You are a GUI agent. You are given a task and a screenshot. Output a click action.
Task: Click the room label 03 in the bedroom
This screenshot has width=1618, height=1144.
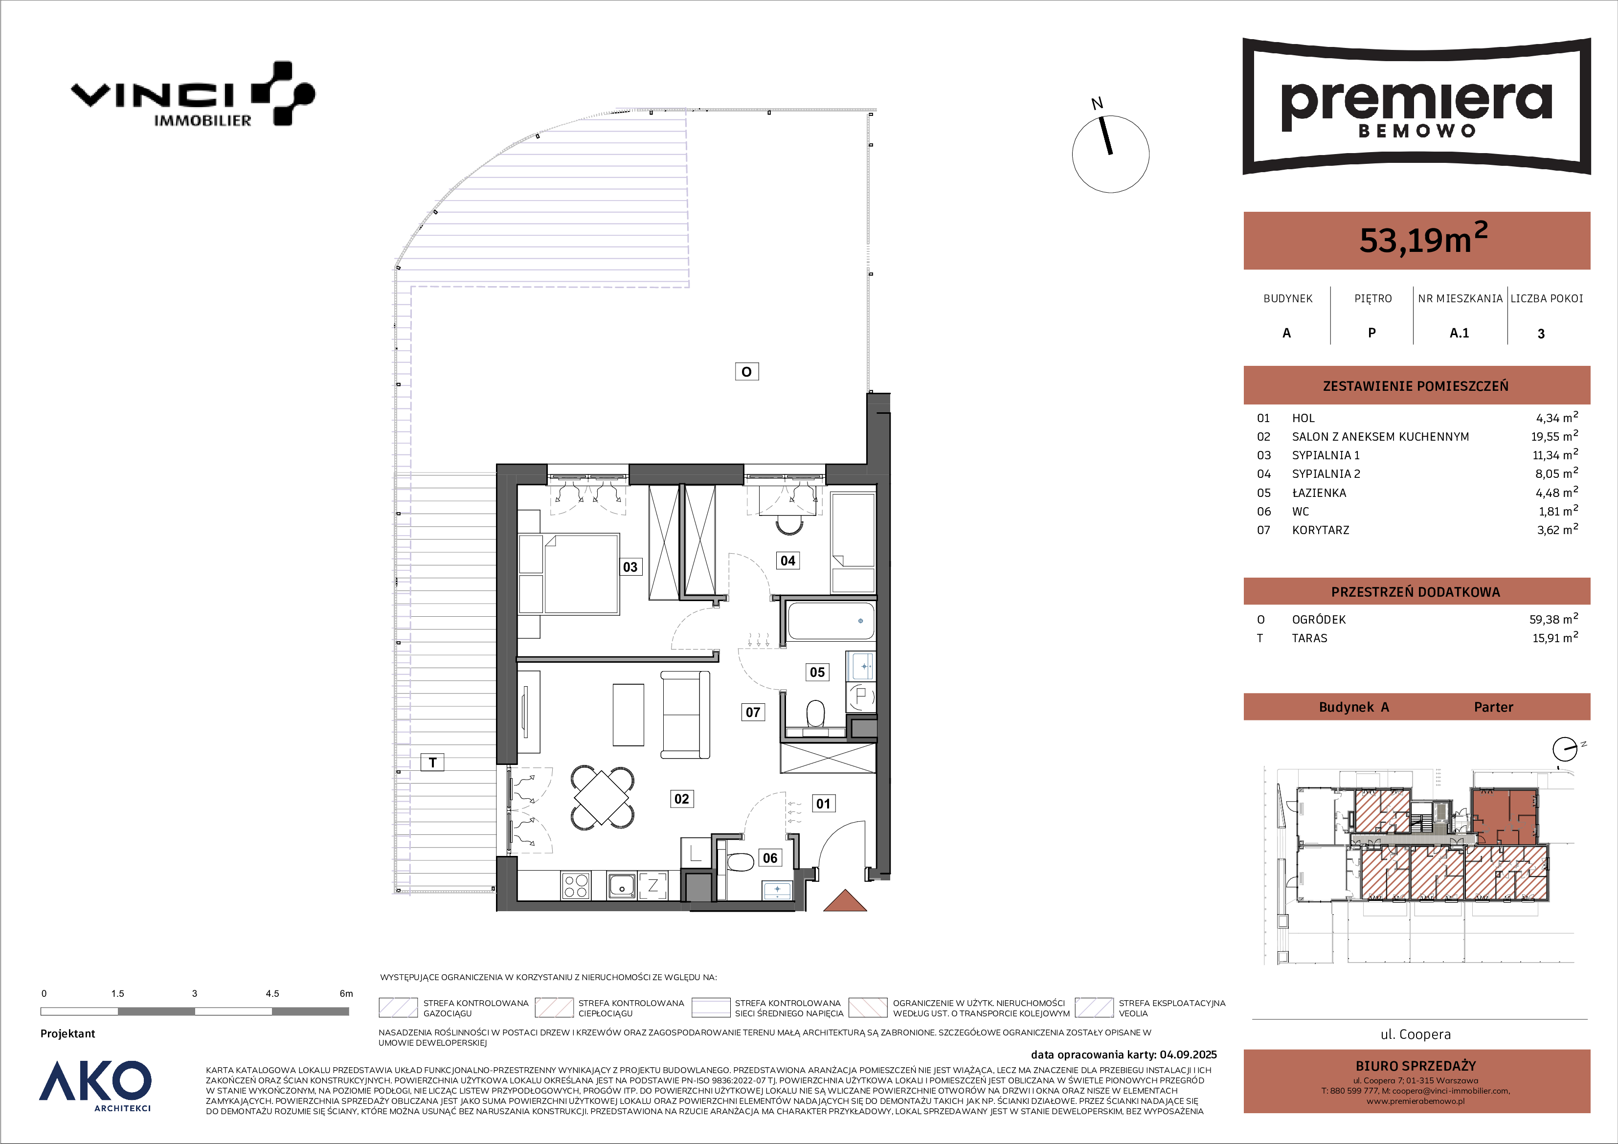(630, 567)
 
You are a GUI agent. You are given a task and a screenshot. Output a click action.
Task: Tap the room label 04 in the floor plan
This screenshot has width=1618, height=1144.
(788, 561)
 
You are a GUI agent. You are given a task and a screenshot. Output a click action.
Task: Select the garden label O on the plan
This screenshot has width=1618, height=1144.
(746, 371)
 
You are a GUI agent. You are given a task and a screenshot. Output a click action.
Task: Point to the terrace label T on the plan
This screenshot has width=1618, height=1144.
(433, 762)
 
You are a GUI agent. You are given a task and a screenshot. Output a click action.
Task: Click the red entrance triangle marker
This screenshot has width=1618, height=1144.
(845, 902)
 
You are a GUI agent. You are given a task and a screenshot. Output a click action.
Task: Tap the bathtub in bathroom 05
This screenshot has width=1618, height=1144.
(830, 620)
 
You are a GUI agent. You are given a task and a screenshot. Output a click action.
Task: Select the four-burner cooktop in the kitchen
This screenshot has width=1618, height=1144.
(576, 886)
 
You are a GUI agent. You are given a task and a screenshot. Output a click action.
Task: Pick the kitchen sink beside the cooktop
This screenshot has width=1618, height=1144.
(622, 886)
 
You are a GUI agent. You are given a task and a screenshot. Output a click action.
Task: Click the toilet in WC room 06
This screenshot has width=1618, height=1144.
(739, 863)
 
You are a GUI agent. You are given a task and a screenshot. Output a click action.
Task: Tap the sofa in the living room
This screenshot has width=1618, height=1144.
(685, 714)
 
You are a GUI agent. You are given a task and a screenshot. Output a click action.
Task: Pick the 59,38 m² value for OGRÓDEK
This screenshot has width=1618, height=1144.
(1553, 619)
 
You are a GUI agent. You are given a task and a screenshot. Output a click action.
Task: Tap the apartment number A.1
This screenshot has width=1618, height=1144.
(1459, 333)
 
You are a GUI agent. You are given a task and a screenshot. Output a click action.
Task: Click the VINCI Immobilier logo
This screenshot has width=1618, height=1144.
(193, 94)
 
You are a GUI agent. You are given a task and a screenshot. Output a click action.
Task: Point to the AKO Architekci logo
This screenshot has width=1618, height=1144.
(95, 1085)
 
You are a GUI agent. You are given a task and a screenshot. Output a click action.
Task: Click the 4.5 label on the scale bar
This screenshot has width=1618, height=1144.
(272, 993)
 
